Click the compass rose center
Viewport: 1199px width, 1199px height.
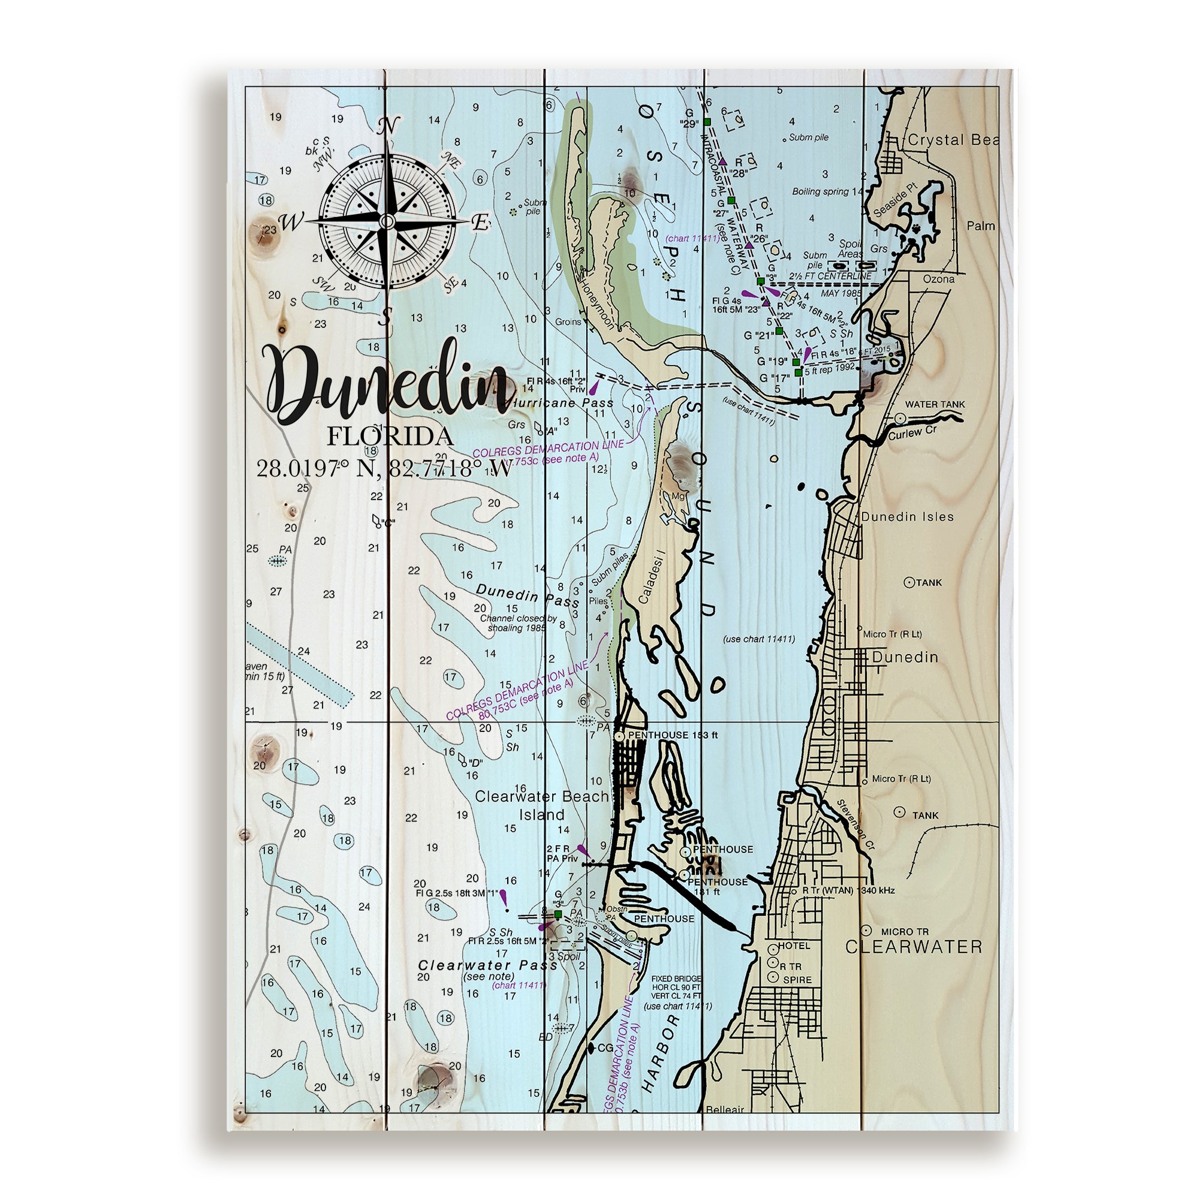click(386, 221)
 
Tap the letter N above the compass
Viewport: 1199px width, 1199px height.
click(387, 126)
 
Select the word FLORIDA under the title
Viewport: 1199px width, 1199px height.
click(390, 436)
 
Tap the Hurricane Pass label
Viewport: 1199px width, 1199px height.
click(562, 403)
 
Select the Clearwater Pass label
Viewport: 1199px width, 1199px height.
click(488, 965)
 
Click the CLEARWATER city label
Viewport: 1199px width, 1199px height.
click(914, 947)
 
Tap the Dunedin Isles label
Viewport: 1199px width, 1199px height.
click(906, 516)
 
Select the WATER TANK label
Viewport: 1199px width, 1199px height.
click(935, 404)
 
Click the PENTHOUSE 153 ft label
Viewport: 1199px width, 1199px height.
click(673, 735)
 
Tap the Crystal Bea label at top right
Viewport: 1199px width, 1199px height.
click(952, 140)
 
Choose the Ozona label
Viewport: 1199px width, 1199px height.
click(938, 279)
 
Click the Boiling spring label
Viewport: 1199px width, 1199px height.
click(823, 191)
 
